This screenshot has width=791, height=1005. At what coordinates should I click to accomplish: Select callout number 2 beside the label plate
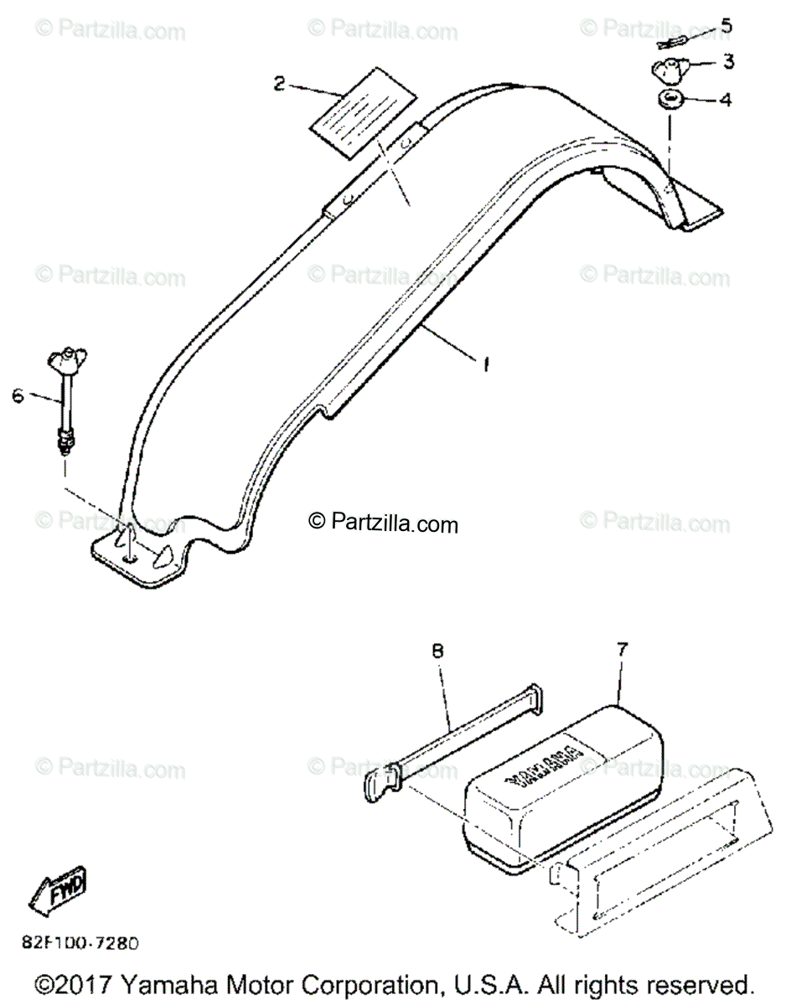click(x=279, y=82)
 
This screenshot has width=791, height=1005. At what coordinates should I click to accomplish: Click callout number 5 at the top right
click(x=726, y=26)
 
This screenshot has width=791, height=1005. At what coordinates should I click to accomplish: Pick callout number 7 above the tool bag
click(x=621, y=649)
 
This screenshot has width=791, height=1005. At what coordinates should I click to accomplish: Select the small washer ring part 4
click(x=669, y=101)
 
